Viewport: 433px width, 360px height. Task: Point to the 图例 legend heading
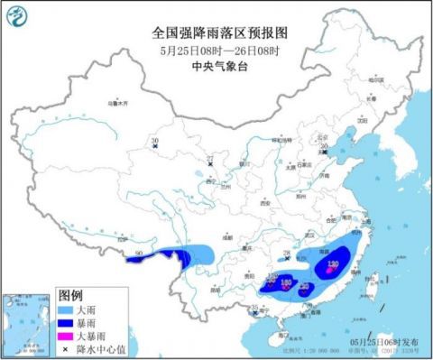[x=70, y=295]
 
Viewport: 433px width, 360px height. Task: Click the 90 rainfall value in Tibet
[x=137, y=254]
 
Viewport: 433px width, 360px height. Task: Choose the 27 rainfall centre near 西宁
[x=211, y=161]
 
